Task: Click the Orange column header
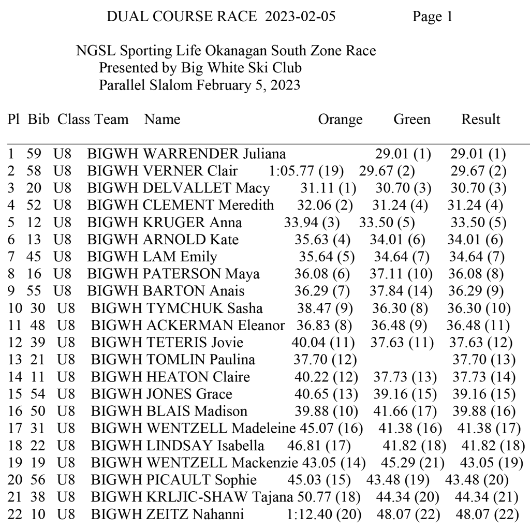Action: [340, 120]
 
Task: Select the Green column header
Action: [411, 120]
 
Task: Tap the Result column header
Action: [480, 120]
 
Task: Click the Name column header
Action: [162, 120]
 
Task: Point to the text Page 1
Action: [432, 17]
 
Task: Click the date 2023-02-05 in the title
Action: [300, 17]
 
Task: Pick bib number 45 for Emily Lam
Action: [35, 257]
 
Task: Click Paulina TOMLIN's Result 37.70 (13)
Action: [484, 360]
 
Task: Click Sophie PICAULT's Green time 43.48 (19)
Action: [398, 480]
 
